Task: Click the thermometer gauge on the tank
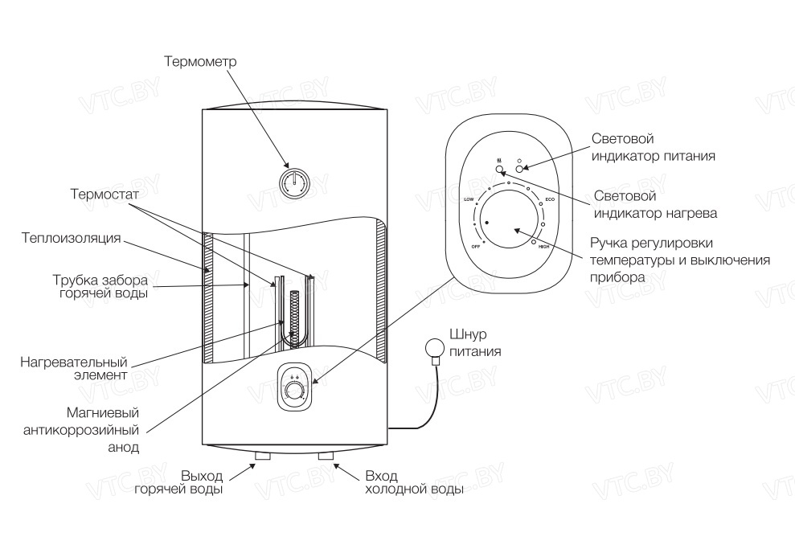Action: click(295, 182)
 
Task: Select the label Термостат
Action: click(104, 195)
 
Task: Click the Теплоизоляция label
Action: click(72, 238)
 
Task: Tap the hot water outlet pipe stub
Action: click(262, 456)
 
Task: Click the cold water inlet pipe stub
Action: click(326, 456)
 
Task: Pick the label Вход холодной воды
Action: click(413, 481)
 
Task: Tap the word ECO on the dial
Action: click(550, 199)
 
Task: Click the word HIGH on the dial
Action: click(543, 246)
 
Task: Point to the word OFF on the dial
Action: click(475, 245)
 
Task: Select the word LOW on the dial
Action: click(469, 198)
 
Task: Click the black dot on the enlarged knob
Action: click(488, 223)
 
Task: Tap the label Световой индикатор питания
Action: click(653, 147)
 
